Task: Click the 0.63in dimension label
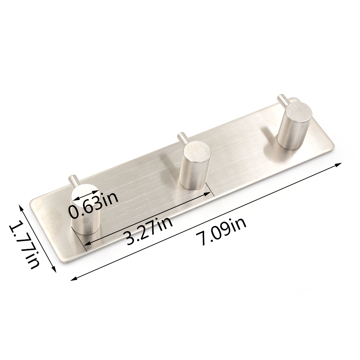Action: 94,206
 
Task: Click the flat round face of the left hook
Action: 85,194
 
